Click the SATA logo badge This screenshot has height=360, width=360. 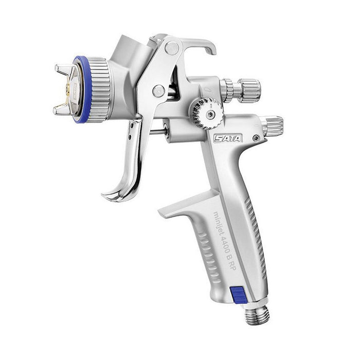[x=228, y=138]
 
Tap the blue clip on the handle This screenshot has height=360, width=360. [x=239, y=295]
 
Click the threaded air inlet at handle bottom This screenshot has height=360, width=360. [x=257, y=315]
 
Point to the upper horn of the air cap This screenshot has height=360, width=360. [x=63, y=69]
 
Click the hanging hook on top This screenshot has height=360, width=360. [x=200, y=45]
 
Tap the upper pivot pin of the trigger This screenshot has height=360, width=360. [x=172, y=48]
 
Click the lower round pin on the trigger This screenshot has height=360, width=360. [x=158, y=91]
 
